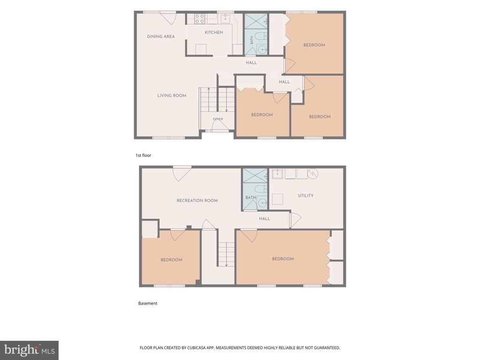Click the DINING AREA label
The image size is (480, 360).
pos(161,37)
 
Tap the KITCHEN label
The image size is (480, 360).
pos(214,32)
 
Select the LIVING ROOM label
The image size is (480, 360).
pos(172,96)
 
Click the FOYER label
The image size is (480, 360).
pos(218,119)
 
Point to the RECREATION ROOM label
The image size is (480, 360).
pos(197,201)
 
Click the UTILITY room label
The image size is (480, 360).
pos(306,195)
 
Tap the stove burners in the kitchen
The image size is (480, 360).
pos(200,19)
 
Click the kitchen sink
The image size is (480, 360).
pos(225,18)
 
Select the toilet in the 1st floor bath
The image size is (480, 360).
pos(261,36)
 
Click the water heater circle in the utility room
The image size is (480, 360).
pos(313,173)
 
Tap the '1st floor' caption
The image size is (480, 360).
pos(143,155)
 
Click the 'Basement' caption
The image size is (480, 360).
pos(148,303)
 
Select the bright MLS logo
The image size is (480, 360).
pos(29,350)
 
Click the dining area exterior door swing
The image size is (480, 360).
pos(168,18)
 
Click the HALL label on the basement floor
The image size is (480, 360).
pos(264,218)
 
